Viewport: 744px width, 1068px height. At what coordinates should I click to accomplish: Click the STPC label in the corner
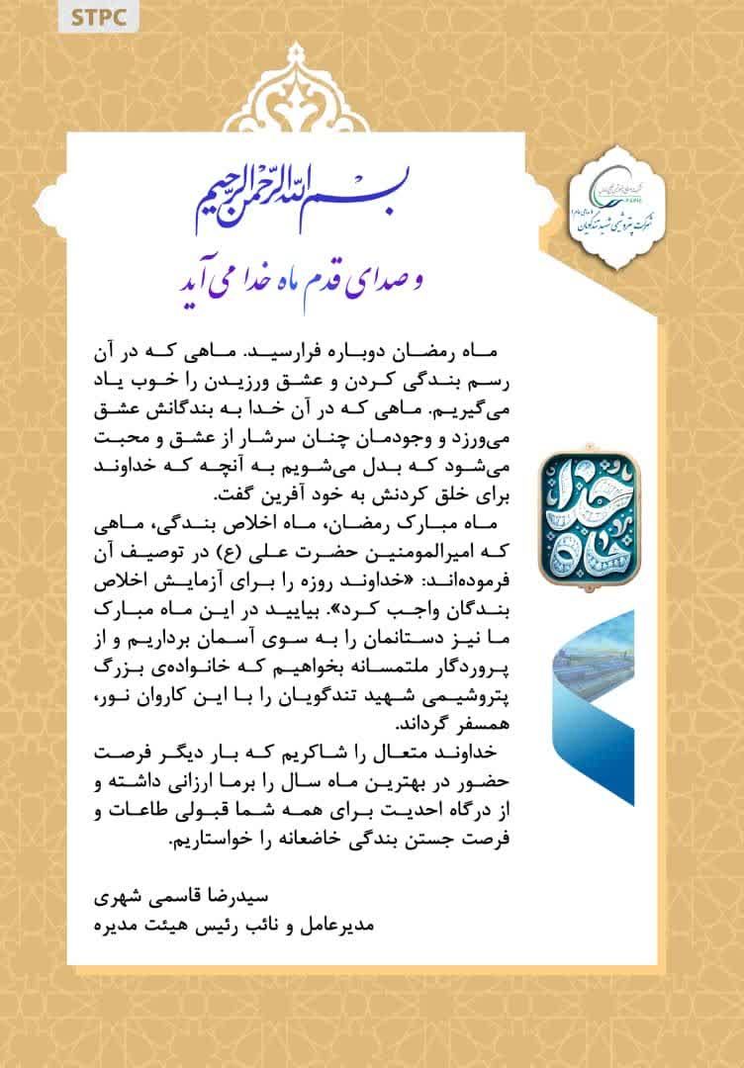pos(98,17)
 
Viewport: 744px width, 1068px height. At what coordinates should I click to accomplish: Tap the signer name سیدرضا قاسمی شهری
pos(227,902)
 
